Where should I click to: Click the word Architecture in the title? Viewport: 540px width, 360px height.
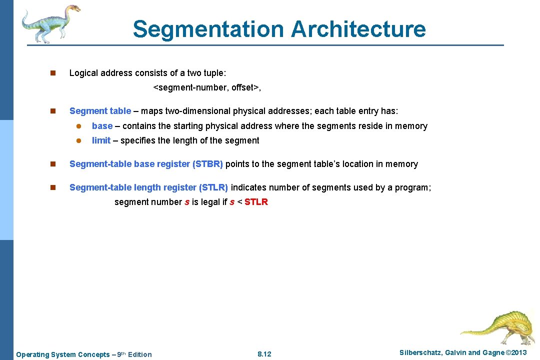[358, 29]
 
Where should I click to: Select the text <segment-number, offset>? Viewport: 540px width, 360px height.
[207, 87]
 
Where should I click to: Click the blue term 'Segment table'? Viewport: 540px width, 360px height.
[100, 111]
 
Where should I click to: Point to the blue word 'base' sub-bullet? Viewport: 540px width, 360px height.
[102, 126]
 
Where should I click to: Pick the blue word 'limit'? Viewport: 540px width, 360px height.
[101, 140]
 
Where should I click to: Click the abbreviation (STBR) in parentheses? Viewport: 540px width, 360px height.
[207, 164]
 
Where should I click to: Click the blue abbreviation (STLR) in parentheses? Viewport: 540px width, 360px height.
[213, 187]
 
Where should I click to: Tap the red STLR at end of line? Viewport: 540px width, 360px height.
[256, 202]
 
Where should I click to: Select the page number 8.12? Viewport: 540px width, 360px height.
[264, 354]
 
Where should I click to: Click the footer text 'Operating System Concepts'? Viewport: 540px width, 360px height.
[62, 354]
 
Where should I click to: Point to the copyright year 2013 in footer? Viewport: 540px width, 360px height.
[517, 352]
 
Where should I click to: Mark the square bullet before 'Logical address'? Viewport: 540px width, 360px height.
[52, 73]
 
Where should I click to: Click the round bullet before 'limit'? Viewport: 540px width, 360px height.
[78, 141]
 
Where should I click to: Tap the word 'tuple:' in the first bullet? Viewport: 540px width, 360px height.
[215, 73]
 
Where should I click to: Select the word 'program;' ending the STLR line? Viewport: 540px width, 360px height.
[414, 187]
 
